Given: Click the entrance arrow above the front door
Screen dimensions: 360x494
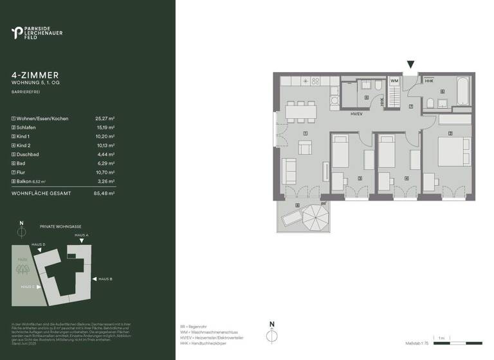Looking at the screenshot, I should (411, 64).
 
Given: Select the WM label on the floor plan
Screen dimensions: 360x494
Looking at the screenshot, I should (394, 81).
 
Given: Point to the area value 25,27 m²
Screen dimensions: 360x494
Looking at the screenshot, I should (104, 119).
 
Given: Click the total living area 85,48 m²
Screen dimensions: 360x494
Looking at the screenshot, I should (104, 193).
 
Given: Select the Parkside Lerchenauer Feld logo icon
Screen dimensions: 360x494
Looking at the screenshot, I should (17, 32).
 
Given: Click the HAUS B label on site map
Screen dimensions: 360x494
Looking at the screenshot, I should (105, 279).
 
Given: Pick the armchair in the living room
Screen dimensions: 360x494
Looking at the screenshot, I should (289, 170).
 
